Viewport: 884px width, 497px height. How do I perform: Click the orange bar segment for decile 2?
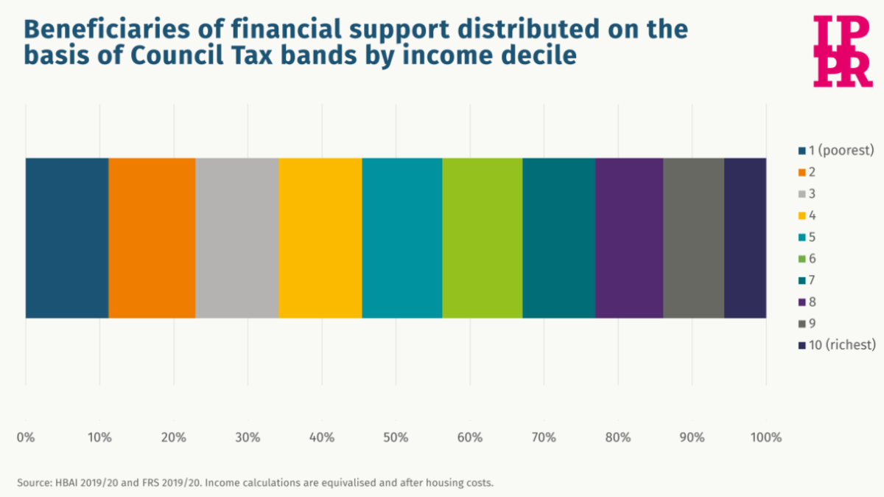pyautogui.click(x=152, y=238)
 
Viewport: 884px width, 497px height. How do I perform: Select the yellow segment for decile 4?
pyautogui.click(x=320, y=238)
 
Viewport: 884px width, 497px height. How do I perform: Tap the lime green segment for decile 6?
pyautogui.click(x=483, y=238)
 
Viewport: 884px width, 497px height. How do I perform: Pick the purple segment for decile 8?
pyautogui.click(x=629, y=238)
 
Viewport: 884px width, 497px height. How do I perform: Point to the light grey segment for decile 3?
pyautogui.click(x=237, y=238)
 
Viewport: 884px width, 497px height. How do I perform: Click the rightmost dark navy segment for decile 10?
pyautogui.click(x=746, y=238)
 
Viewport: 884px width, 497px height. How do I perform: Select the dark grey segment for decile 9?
pyautogui.click(x=694, y=238)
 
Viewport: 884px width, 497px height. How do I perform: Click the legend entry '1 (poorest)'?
pyautogui.click(x=835, y=150)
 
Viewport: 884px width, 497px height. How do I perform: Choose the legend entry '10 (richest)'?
pyautogui.click(x=836, y=345)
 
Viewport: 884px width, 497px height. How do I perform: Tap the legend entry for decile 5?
pyautogui.click(x=810, y=237)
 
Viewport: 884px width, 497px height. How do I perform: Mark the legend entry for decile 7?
pyautogui.click(x=810, y=280)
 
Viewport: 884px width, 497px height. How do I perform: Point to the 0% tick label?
pyautogui.click(x=26, y=437)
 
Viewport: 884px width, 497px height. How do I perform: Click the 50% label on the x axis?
pyautogui.click(x=396, y=437)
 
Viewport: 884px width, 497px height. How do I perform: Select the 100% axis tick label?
pyautogui.click(x=766, y=437)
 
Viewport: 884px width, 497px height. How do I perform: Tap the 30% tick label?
pyautogui.click(x=248, y=437)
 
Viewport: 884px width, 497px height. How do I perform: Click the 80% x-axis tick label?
pyautogui.click(x=618, y=437)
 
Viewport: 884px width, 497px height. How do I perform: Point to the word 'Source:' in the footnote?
pyautogui.click(x=34, y=483)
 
